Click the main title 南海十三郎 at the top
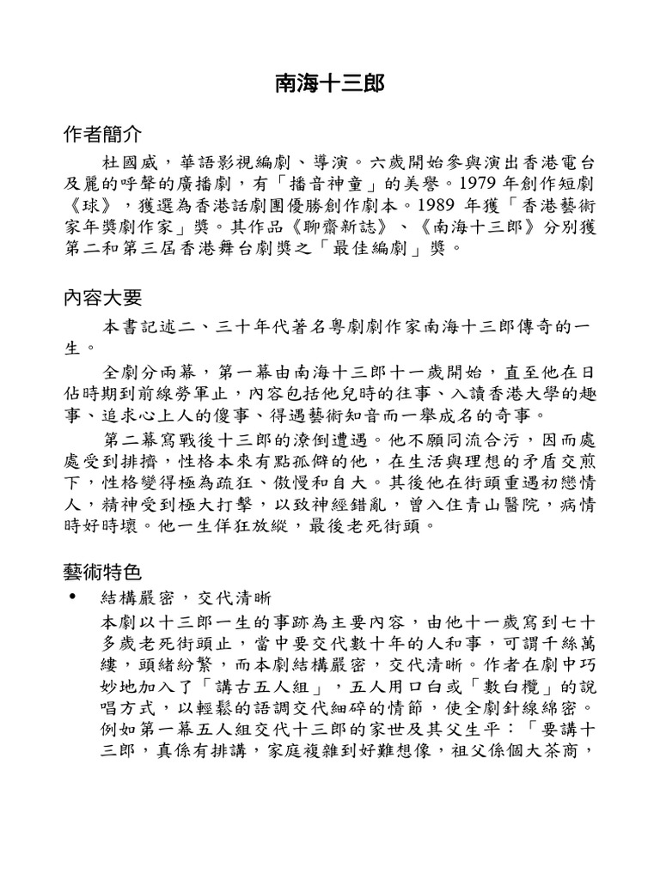coord(329,83)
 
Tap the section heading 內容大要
coord(103,298)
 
